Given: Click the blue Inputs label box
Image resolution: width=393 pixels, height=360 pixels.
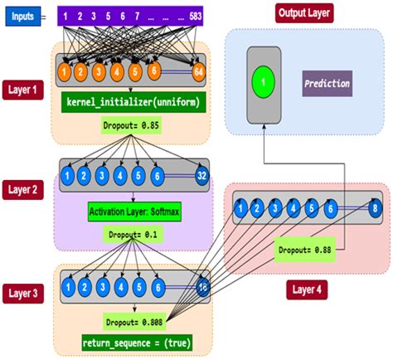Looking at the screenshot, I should (22, 15).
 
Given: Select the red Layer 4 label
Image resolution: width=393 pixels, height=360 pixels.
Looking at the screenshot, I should (307, 290).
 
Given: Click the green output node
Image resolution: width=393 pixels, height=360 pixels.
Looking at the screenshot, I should (264, 82).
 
